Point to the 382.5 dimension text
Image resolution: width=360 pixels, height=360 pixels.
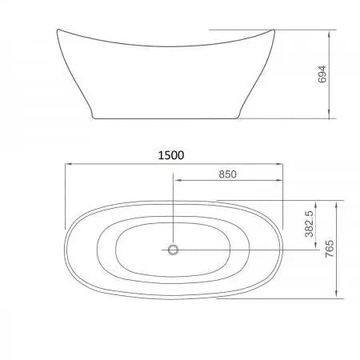[x=308, y=225]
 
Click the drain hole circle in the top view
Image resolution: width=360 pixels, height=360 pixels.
[x=172, y=250]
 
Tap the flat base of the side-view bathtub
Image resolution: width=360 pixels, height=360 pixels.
[x=168, y=118]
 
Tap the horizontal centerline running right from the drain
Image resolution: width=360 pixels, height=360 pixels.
[x=240, y=250]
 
